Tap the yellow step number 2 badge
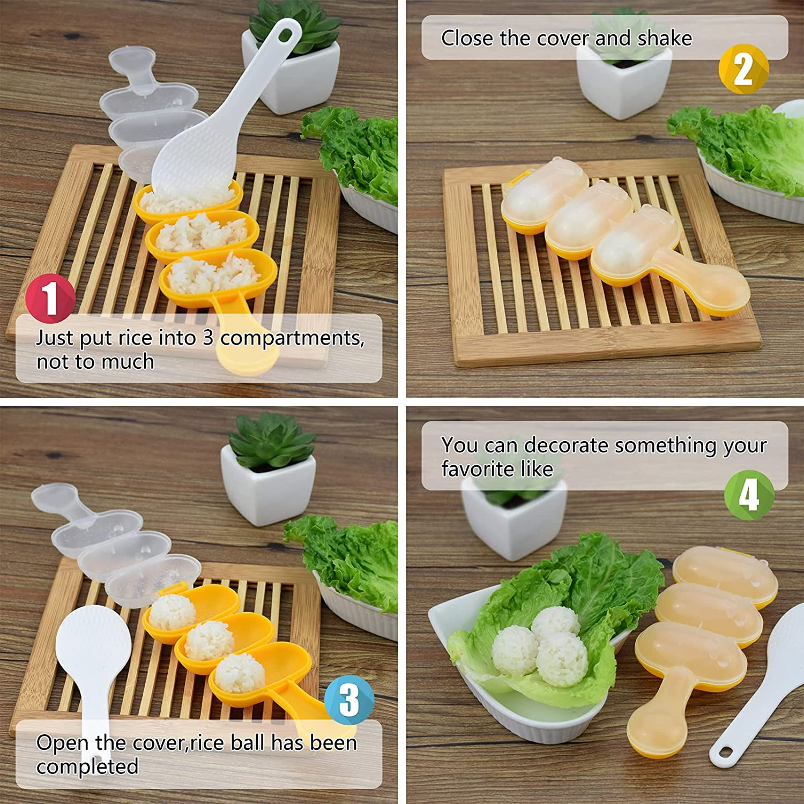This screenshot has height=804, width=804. [743, 69]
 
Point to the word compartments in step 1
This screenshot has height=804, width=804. [292, 339]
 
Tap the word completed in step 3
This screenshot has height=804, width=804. [87, 766]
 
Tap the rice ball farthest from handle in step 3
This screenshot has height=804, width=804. [171, 613]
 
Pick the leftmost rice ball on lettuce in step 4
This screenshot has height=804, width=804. [515, 651]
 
